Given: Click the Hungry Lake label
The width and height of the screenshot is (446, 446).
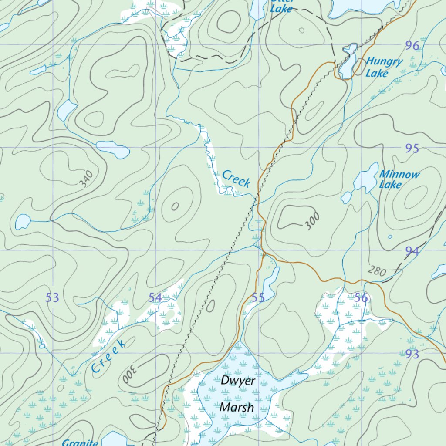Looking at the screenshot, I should (383, 67).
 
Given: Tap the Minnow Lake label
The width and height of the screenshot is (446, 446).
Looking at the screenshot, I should (399, 179).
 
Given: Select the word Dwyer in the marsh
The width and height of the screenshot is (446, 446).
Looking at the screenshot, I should (238, 380).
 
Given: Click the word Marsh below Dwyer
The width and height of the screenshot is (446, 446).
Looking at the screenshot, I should (237, 408).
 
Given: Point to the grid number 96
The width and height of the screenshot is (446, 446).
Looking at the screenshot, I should (412, 45).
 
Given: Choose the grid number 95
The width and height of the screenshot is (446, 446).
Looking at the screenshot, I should (412, 149).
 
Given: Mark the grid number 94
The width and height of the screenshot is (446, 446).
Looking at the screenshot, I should (412, 251).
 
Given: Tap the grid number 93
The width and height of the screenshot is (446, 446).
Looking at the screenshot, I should (412, 354).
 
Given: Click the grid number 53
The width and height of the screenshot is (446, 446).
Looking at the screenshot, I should (52, 298).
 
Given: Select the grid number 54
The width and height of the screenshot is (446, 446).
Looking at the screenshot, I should (155, 298).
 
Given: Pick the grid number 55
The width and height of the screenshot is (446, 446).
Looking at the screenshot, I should (258, 298).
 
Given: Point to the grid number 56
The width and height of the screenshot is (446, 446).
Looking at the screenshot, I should (361, 298).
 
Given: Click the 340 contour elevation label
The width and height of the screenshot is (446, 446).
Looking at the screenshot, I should (87, 179).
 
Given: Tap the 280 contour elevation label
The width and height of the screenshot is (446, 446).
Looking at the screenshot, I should (376, 271).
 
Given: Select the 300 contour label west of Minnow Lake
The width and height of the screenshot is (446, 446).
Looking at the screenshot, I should (312, 221).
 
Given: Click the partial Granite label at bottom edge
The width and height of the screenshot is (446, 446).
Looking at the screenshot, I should (80, 443).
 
